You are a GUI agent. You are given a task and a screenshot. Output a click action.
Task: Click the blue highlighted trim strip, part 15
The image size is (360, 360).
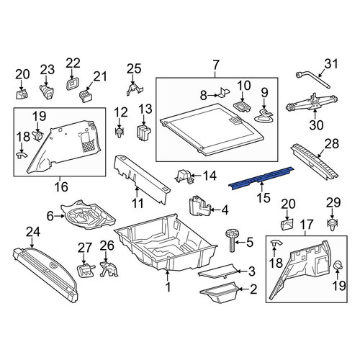click(x=261, y=178)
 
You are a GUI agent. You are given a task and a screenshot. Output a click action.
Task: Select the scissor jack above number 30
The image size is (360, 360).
click(x=312, y=102)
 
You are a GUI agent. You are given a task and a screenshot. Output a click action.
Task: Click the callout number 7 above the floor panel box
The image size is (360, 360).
click(x=216, y=64)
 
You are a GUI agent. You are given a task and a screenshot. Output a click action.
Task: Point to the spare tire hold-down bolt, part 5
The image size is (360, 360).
click(x=232, y=240)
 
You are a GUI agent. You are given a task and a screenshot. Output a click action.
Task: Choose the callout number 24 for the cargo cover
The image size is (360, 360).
click(x=33, y=232)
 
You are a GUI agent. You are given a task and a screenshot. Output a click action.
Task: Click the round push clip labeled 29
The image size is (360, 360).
click(x=333, y=225)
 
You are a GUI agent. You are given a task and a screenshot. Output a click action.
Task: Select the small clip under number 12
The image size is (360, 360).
click(x=120, y=133)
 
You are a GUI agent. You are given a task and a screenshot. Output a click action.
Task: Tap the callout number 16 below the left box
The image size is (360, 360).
click(x=61, y=186)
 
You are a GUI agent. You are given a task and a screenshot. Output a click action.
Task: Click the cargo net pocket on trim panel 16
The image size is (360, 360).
click(x=87, y=145)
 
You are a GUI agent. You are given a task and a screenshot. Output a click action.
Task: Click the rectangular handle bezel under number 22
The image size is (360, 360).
click(x=72, y=84)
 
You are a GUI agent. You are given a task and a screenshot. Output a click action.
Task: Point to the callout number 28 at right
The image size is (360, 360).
click(x=332, y=143)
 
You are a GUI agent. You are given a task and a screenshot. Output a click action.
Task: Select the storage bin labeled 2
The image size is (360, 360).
click(x=220, y=293)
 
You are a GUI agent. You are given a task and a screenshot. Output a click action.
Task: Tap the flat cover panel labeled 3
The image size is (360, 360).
click(x=217, y=271)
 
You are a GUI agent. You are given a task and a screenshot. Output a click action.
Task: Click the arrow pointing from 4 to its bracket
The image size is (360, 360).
click(x=215, y=210)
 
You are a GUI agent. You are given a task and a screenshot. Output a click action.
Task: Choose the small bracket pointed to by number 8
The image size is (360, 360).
click(x=223, y=92)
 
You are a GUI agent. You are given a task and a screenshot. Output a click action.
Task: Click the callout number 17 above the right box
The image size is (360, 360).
click(x=307, y=225)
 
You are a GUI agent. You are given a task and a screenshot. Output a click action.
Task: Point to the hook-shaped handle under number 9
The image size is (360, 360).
click(x=264, y=116)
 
